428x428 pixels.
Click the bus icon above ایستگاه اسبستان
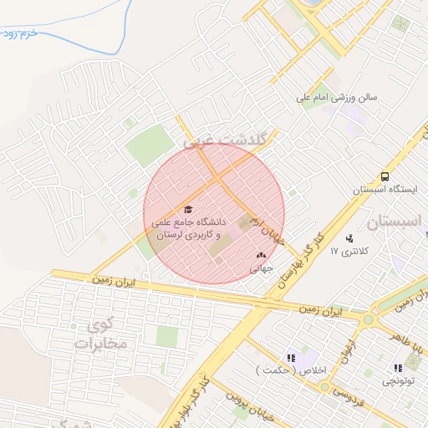click(x=385, y=177)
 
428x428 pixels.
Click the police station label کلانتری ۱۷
click(x=348, y=251)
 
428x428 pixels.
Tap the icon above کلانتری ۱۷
click(x=349, y=237)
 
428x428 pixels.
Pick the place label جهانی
click(x=262, y=269)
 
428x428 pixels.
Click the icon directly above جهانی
click(x=261, y=256)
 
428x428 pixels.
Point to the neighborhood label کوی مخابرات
click(x=99, y=333)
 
